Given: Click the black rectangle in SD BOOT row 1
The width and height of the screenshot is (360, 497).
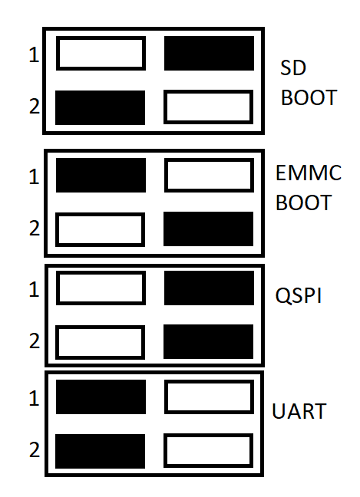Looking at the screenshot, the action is click(209, 53).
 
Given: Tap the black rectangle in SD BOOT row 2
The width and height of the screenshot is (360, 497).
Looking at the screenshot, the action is click(101, 108).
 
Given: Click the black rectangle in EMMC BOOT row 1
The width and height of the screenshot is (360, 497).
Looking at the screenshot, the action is click(101, 176).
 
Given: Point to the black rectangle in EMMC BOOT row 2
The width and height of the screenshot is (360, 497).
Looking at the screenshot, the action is click(208, 229).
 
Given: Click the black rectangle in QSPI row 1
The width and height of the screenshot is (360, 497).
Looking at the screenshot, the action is click(209, 288).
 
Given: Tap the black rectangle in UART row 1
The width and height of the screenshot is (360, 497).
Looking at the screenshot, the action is click(101, 397).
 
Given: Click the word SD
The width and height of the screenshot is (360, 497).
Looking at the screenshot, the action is click(293, 67).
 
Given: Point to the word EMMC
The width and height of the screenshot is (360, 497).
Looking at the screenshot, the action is click(309, 173).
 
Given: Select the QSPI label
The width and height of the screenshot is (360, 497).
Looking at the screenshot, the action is click(299, 295).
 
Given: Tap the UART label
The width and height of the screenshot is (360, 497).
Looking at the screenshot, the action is click(299, 411).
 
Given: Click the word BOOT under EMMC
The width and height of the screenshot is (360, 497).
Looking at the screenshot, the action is click(303, 202).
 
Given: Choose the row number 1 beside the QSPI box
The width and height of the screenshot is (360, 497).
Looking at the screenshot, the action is click(35, 289).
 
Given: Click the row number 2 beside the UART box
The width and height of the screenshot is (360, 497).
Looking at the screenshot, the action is click(35, 449).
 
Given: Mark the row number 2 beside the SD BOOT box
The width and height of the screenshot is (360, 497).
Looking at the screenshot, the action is click(35, 106).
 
